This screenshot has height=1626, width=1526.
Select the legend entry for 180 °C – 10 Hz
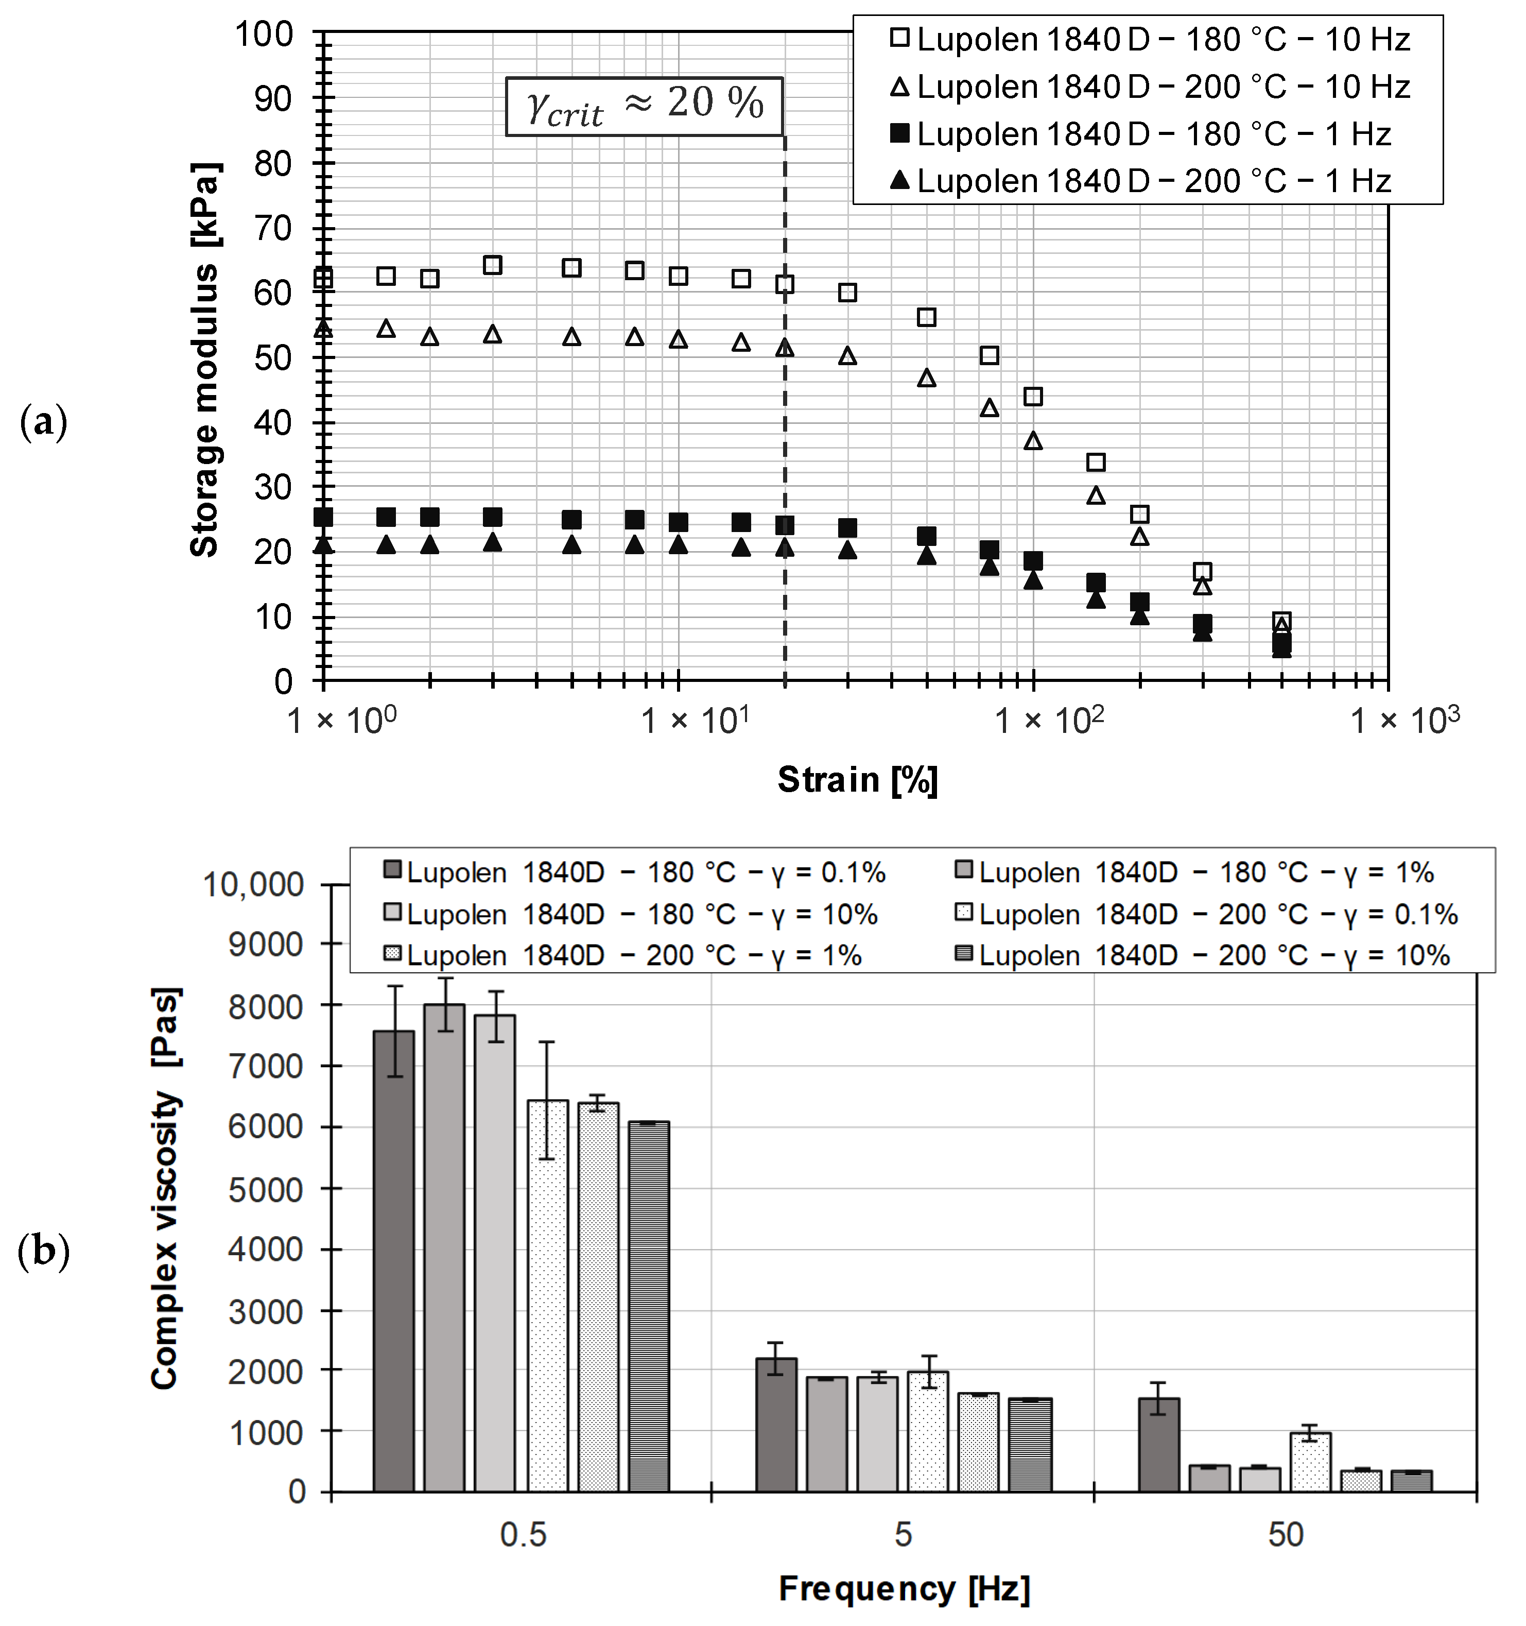click(x=1149, y=39)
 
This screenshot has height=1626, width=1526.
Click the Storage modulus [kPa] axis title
click(x=204, y=360)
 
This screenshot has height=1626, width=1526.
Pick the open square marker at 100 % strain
click(x=1033, y=397)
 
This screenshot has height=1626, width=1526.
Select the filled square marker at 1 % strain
click(x=324, y=517)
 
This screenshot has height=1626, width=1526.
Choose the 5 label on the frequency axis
click(x=903, y=1535)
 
